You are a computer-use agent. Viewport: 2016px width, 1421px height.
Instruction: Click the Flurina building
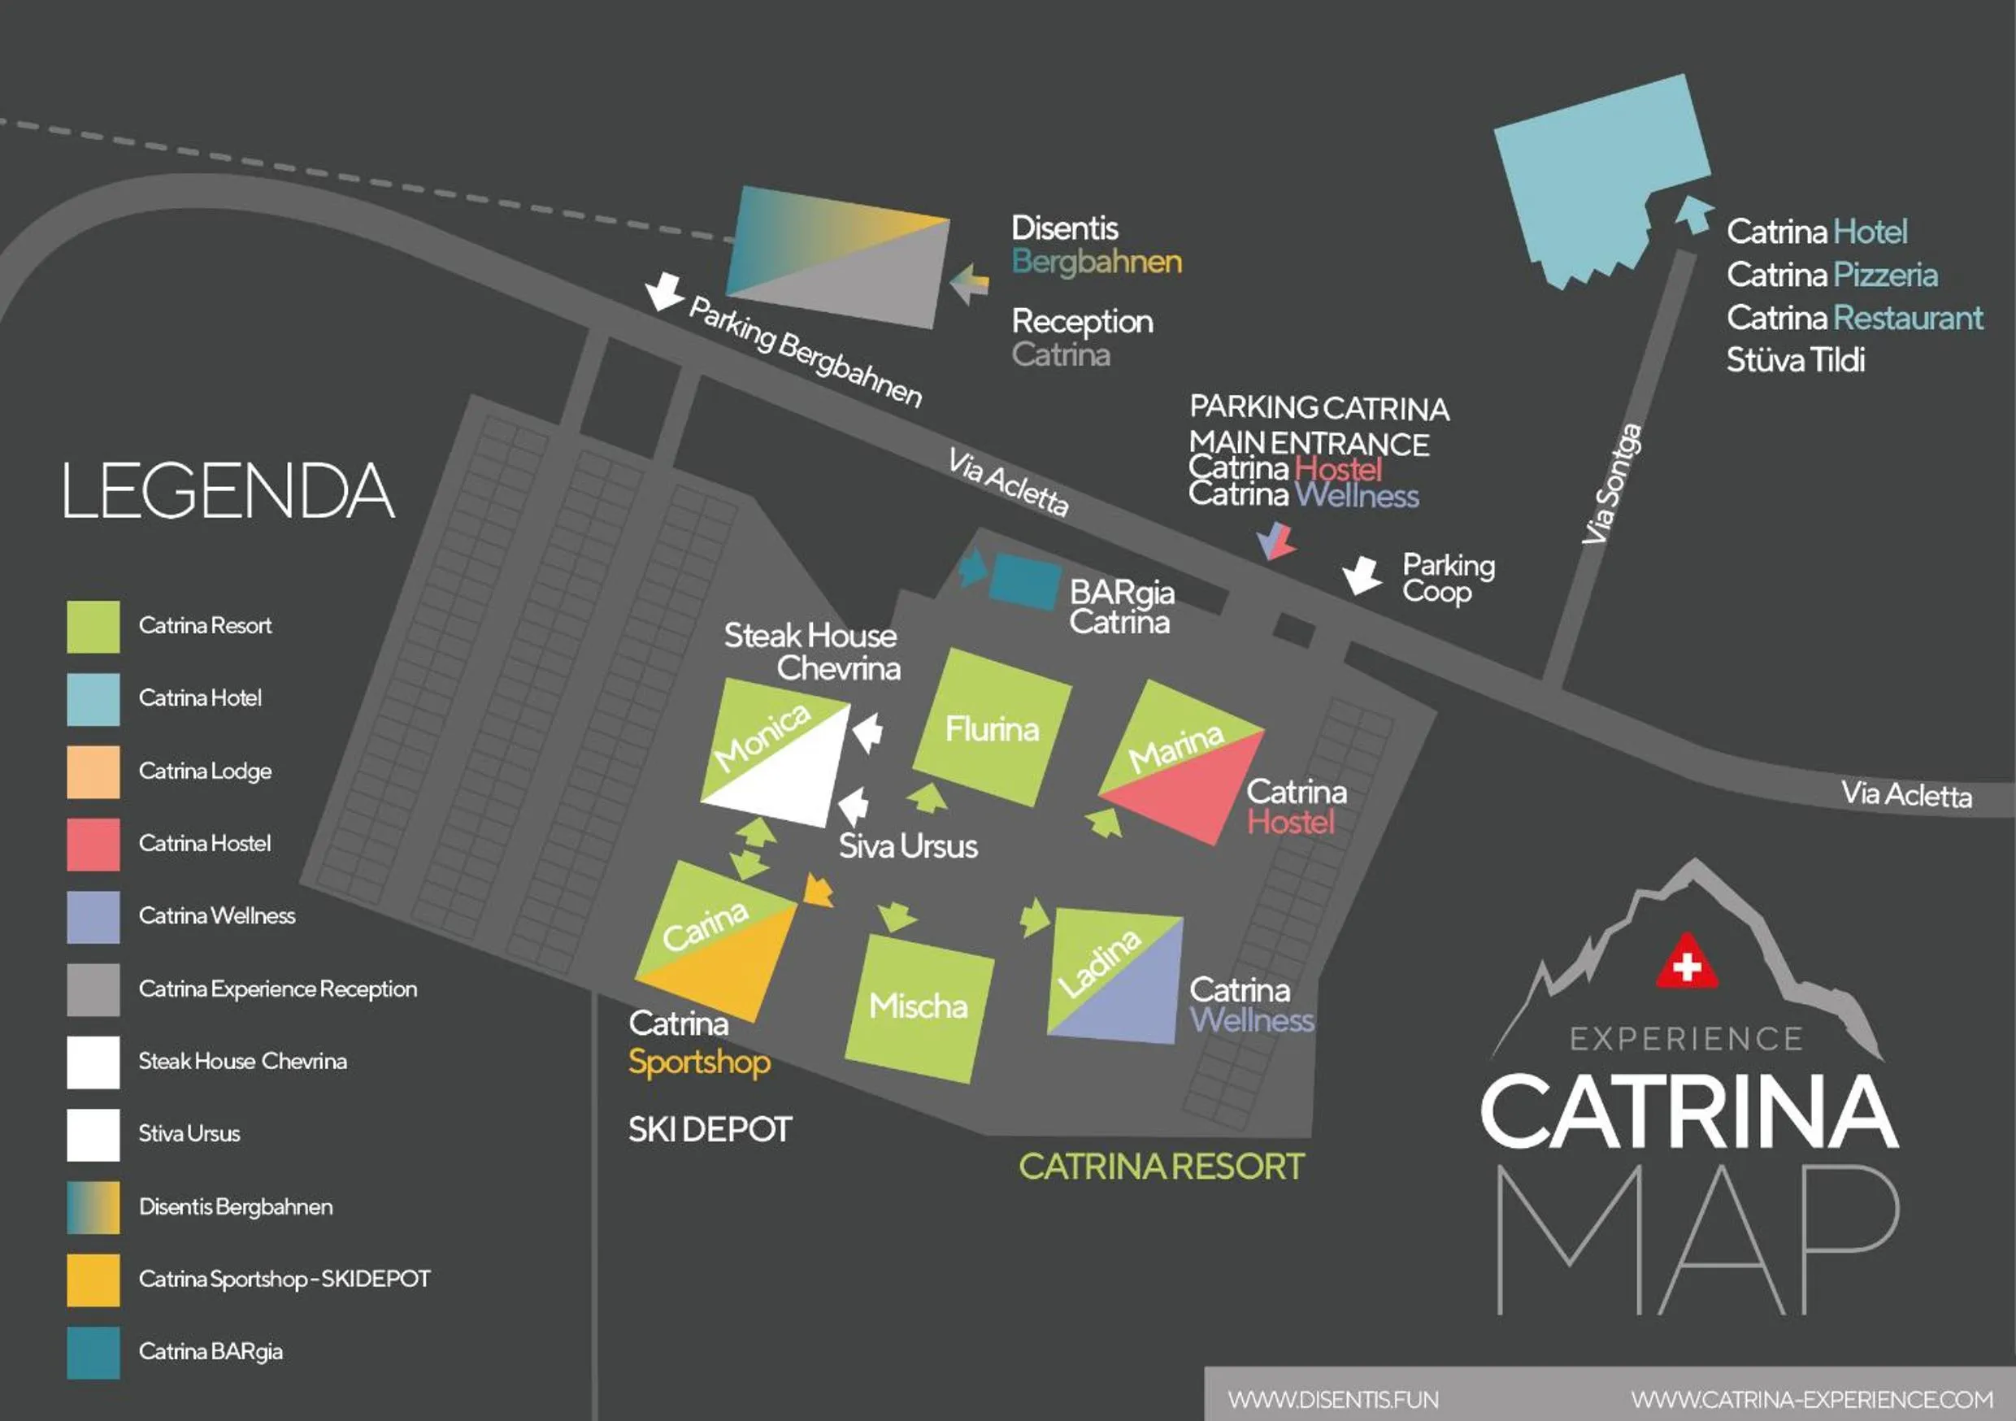(993, 728)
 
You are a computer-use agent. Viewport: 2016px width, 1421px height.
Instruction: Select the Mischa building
(919, 1008)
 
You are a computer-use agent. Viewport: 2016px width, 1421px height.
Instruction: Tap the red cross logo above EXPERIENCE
(1686, 963)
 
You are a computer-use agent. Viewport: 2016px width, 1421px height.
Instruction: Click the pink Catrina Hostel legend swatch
(93, 844)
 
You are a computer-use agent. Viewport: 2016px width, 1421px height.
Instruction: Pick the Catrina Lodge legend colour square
(93, 771)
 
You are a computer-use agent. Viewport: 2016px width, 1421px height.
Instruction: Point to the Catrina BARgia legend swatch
(93, 1352)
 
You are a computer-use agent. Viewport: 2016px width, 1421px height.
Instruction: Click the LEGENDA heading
(228, 491)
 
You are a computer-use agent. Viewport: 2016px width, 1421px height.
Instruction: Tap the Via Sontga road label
(1611, 484)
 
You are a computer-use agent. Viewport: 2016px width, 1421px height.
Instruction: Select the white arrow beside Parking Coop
(1362, 575)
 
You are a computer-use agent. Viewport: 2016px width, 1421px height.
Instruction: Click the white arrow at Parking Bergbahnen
(664, 290)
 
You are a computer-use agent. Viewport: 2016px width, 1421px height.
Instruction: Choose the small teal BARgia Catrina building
(1023, 581)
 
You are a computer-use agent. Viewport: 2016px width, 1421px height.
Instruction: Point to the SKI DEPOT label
(710, 1129)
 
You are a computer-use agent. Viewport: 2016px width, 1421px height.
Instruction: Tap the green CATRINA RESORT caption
(1161, 1167)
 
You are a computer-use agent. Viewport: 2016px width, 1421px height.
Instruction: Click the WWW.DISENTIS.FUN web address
(1333, 1399)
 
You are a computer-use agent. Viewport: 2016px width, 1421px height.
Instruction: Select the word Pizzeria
(1885, 275)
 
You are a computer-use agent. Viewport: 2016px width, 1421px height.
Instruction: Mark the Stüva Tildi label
(1796, 360)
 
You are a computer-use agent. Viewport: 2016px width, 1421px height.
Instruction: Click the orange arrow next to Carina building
(819, 892)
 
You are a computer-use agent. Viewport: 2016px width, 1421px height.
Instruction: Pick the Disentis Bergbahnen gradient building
(839, 256)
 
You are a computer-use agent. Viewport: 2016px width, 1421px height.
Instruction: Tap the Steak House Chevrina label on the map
(811, 652)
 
